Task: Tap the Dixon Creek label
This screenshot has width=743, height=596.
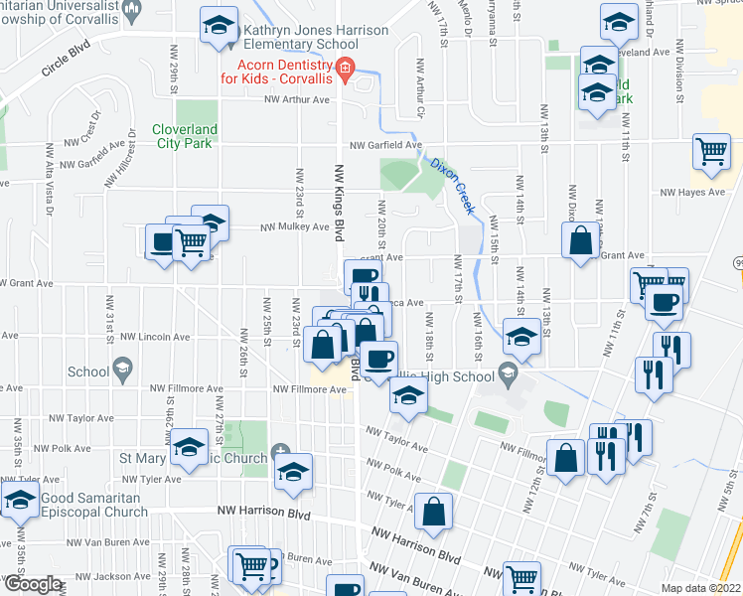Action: point(452,178)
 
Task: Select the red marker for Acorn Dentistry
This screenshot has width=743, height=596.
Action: point(345,69)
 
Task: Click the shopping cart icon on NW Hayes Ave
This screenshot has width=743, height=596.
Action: point(711,154)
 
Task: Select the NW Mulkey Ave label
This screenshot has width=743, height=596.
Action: point(294,226)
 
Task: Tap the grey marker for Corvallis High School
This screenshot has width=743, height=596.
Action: point(508,376)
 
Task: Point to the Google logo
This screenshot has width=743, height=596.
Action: point(33,585)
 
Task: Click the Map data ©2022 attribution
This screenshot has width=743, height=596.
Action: point(700,587)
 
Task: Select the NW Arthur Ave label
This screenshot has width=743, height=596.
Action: point(296,99)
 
